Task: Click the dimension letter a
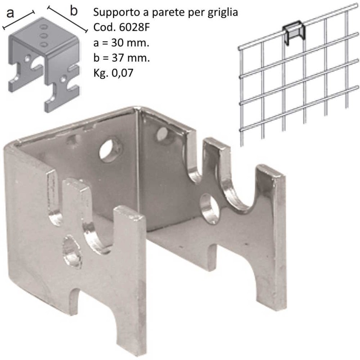(x=10, y=13)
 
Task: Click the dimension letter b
(x=73, y=10)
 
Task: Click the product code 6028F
(x=135, y=27)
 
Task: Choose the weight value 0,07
(x=122, y=73)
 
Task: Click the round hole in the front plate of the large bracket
(x=72, y=252)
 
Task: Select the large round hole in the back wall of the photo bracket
(x=111, y=150)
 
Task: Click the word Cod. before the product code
(x=105, y=27)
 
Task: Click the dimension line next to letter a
(x=18, y=20)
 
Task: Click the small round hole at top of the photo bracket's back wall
(x=162, y=134)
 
